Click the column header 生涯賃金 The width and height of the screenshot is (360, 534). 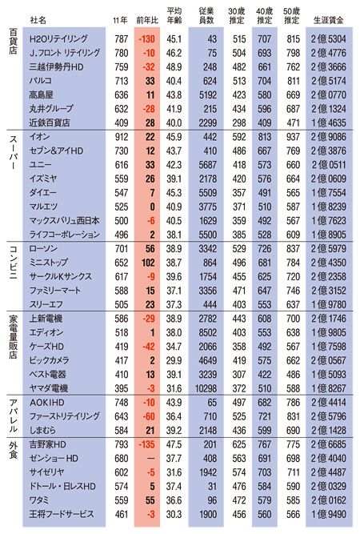tap(328, 20)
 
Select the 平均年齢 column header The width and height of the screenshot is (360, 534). tap(174, 16)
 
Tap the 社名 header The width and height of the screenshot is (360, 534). tap(38, 20)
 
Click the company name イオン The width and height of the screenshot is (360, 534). tap(40, 137)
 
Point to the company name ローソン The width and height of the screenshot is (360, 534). tap(43, 249)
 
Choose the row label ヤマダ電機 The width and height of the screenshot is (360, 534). tap(48, 388)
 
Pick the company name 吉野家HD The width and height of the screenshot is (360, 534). tap(47, 444)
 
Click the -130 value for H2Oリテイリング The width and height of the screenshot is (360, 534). tap(146, 39)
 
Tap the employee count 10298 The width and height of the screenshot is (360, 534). tap(206, 388)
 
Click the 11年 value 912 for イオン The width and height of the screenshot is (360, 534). tap(122, 137)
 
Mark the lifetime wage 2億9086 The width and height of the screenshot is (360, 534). tap(328, 137)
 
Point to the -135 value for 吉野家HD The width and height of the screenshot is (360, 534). tap(146, 444)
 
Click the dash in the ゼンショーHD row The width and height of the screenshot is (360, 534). tap(150, 459)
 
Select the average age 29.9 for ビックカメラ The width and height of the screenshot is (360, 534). tap(174, 360)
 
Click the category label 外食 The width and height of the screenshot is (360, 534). tap(13, 450)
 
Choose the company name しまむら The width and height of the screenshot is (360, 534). tap(42, 430)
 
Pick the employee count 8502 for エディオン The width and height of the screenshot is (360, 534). tap(208, 332)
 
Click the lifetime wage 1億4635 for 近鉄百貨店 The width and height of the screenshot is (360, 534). tap(328, 123)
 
